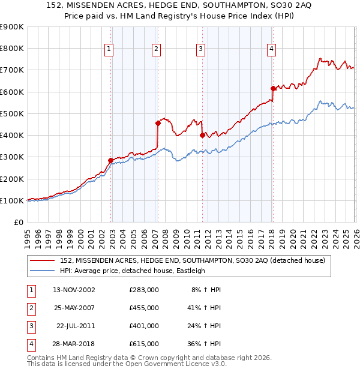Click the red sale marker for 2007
tap(158, 124)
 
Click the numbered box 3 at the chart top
tap(200, 49)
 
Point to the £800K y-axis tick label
tap(11, 49)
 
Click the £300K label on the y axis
tap(11, 157)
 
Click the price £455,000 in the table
tap(144, 308)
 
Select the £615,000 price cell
tap(144, 344)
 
